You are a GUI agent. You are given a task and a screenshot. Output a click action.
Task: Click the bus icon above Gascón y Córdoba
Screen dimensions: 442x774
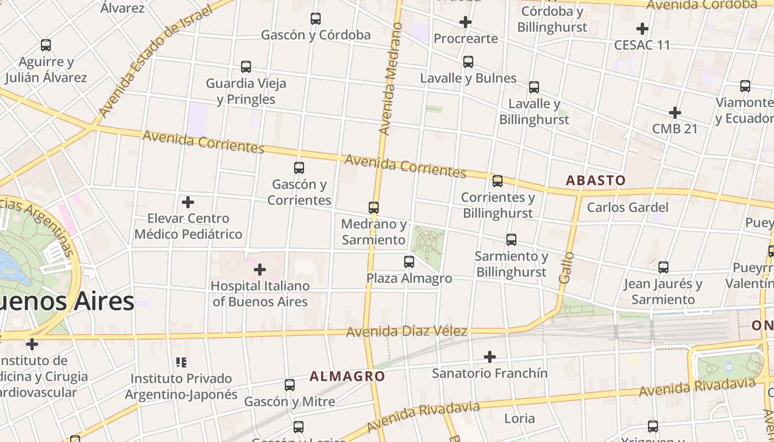coord(316,19)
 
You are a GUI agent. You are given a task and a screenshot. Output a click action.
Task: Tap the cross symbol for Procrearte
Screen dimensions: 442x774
coord(466,22)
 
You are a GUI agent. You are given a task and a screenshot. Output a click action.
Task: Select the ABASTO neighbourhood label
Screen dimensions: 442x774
coord(595,180)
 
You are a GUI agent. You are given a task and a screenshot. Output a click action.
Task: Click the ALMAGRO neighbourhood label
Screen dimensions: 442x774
coord(347,376)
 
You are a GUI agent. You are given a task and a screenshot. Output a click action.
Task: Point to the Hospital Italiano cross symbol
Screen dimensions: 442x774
coord(259,270)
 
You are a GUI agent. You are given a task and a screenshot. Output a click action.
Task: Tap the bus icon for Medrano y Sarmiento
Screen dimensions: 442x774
coord(374,208)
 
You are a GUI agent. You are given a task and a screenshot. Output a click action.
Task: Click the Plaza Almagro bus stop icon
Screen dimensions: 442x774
coord(409,262)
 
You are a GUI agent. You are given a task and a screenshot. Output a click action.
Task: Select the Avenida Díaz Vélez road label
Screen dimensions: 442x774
coord(406,331)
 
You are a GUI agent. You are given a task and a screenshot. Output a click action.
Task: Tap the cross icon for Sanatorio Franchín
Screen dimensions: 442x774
coord(489,357)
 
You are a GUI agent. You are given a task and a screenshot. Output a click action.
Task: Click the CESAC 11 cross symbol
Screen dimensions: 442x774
coord(642,28)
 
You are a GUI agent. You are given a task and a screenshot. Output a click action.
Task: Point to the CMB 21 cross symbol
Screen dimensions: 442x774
coord(674,113)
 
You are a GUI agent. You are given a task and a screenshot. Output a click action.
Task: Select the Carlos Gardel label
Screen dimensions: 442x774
coord(627,208)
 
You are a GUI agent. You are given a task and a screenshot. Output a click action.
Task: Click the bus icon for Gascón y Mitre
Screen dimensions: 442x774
coord(290,385)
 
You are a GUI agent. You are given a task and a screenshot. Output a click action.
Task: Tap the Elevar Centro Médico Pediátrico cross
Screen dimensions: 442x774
coord(188,202)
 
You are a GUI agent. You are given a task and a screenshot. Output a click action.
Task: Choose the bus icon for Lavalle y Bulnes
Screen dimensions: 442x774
coord(468,62)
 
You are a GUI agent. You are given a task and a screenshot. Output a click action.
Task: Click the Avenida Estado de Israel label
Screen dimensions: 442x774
coord(155,62)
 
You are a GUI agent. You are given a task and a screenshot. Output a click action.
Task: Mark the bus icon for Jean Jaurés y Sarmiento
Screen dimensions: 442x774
coord(663,267)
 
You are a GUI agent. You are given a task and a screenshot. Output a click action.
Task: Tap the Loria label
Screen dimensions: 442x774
coord(520,418)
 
